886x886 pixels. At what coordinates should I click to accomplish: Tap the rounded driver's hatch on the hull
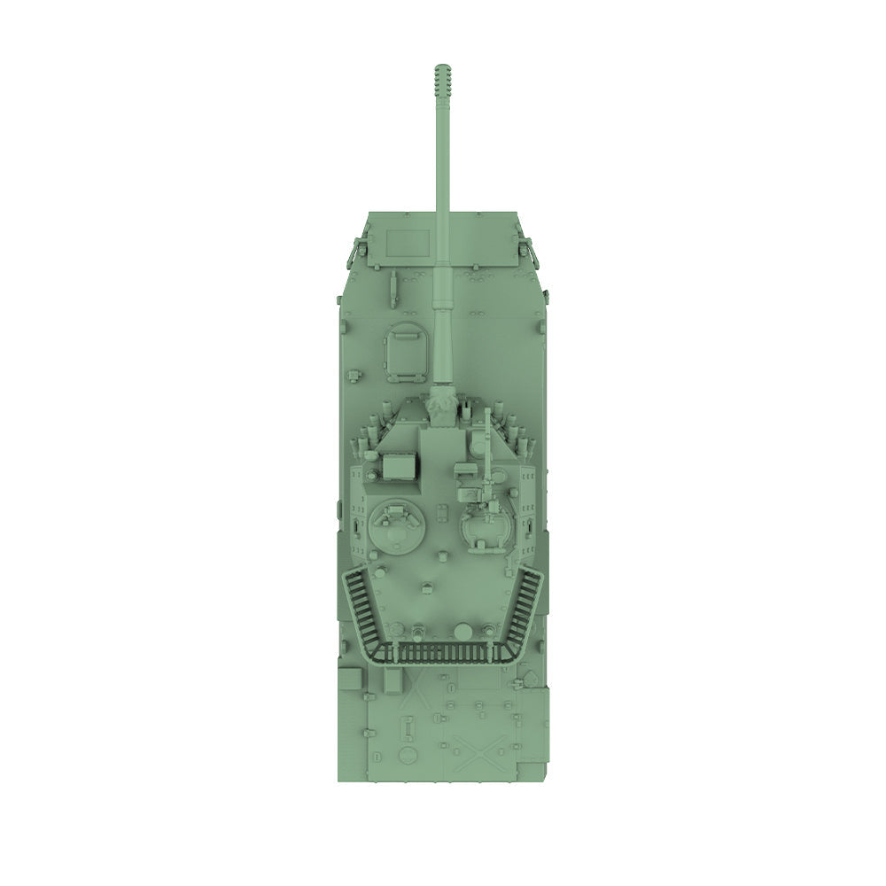click(407, 347)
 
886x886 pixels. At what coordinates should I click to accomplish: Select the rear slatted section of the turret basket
click(442, 655)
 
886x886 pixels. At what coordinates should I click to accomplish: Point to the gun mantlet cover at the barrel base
click(443, 404)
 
